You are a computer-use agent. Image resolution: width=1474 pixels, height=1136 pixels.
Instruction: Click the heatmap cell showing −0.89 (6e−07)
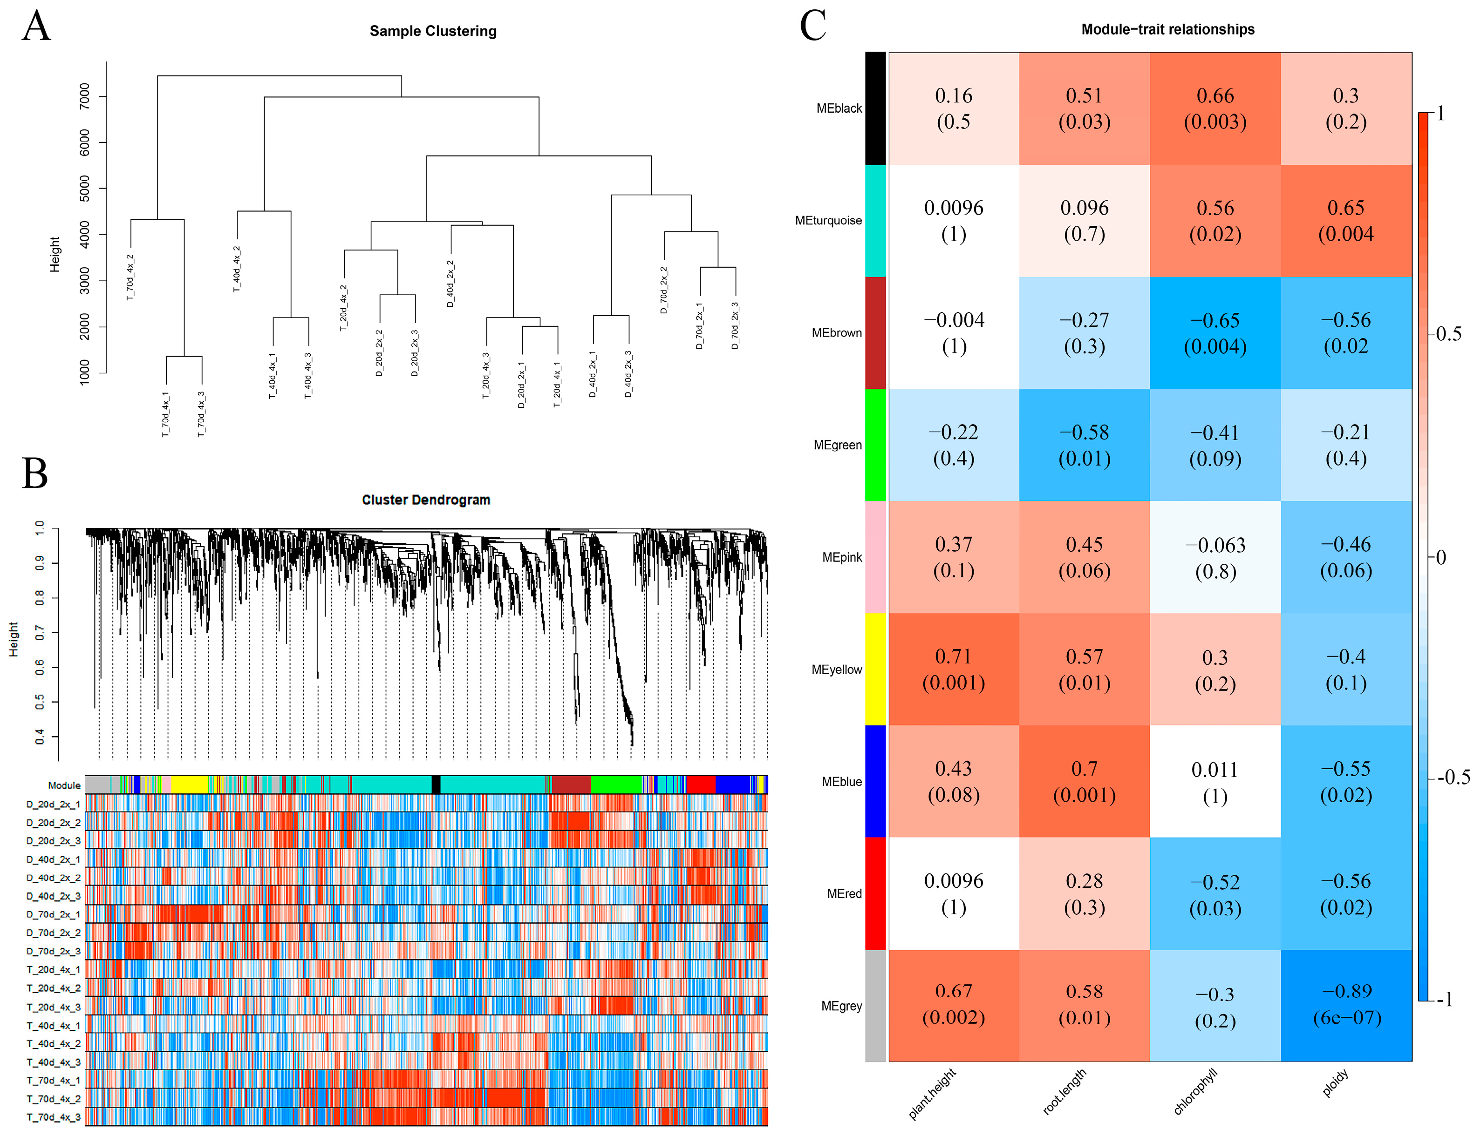(x=1346, y=1004)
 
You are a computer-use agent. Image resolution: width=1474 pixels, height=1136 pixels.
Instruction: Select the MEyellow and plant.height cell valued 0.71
(x=953, y=669)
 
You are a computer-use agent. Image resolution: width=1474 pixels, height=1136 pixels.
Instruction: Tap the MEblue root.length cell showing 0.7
(x=1084, y=781)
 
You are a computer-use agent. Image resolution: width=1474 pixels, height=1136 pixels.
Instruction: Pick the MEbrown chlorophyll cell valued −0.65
(x=1215, y=332)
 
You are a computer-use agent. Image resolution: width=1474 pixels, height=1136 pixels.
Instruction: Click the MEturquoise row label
(x=828, y=221)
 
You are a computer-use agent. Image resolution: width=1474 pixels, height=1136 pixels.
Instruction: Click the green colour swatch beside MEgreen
(x=875, y=445)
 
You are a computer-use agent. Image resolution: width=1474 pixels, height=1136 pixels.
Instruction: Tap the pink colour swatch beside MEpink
(x=875, y=557)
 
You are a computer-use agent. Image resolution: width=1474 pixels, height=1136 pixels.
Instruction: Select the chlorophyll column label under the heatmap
(x=1194, y=1091)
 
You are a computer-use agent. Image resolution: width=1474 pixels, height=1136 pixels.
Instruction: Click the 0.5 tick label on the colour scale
(x=1448, y=334)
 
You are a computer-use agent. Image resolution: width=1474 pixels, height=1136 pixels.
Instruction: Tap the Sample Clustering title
(x=433, y=31)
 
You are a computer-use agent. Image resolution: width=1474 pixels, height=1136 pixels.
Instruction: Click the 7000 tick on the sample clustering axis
(x=84, y=96)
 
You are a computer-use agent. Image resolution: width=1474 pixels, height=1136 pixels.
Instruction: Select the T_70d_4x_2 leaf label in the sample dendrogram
(x=130, y=277)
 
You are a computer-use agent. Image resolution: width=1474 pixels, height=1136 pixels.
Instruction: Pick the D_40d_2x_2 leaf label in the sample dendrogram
(x=450, y=284)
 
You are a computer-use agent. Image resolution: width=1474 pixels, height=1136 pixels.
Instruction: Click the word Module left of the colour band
(x=64, y=785)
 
